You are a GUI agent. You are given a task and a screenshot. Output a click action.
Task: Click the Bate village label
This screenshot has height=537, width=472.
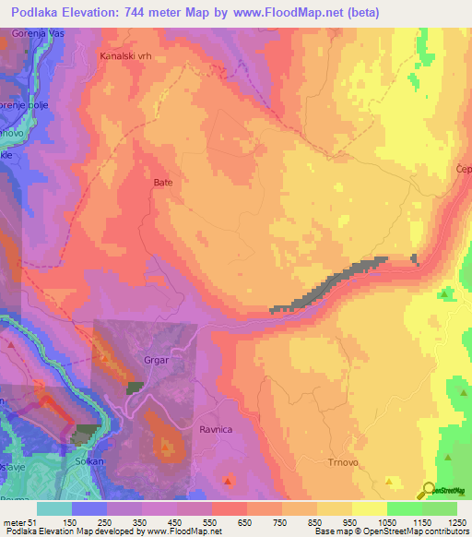coord(162,183)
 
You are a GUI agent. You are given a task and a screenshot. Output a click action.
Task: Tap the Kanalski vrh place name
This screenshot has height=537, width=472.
coord(125,55)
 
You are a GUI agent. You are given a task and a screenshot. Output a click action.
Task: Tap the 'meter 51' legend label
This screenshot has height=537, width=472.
coord(20,521)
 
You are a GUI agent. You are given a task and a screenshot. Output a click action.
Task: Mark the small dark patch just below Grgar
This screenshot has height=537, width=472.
coord(136,388)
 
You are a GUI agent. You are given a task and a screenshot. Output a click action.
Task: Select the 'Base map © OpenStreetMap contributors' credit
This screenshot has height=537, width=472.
coord(390,531)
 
